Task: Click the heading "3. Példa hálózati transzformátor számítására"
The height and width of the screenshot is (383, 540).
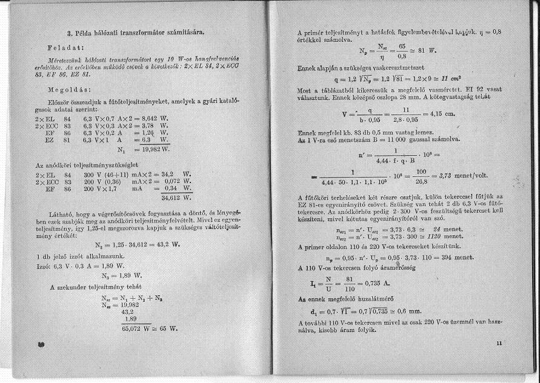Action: tap(142, 30)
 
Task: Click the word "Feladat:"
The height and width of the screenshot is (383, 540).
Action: tap(67, 46)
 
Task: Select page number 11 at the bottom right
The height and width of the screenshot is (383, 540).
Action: tap(499, 344)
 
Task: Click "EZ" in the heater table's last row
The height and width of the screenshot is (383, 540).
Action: tap(50, 139)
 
